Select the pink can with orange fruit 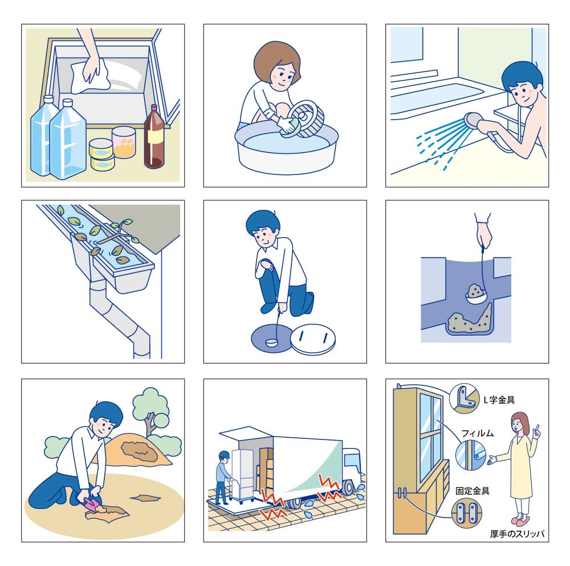pos(124,142)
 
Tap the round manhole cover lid pos(313,339)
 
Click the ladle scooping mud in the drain pos(476,295)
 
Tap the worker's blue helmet pos(224,454)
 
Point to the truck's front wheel pos(348,487)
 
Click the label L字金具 pos(499,400)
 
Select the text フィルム pos(477,433)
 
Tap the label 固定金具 pos(472,491)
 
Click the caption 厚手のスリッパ pos(517,534)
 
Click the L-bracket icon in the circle pos(465,398)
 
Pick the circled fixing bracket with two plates pos(466,512)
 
